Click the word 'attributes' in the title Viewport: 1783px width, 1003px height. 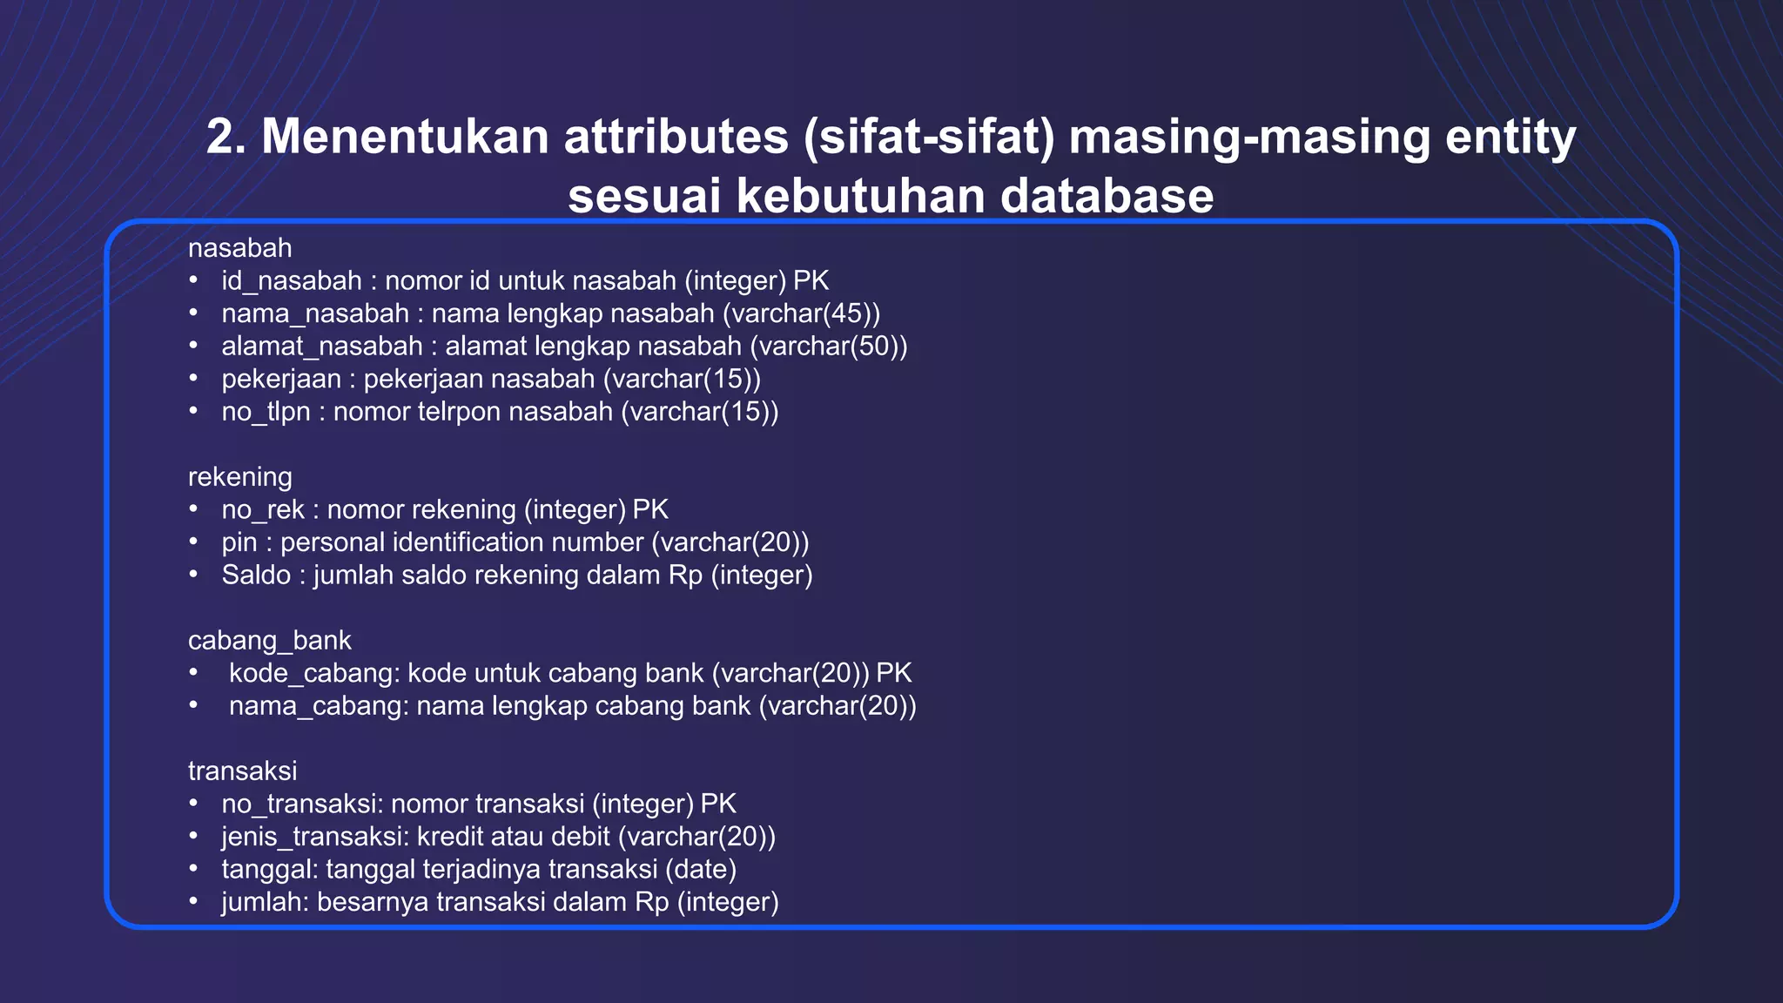[676, 138]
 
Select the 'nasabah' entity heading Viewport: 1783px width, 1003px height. [239, 248]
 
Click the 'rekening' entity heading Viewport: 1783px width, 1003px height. [239, 477]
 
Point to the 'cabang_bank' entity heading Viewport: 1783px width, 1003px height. [269, 641]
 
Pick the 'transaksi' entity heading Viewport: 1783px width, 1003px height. [242, 771]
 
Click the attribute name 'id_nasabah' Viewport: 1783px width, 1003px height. [291, 281]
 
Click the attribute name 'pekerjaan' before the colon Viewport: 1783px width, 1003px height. [280, 380]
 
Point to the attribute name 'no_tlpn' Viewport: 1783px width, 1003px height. [266, 412]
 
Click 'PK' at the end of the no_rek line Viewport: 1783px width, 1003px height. [650, 510]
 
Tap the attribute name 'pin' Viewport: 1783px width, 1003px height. [239, 542]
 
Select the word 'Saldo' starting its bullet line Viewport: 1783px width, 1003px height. [256, 576]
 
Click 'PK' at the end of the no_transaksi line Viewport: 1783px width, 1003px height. [718, 804]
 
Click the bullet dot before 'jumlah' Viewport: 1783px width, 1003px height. [193, 901]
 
